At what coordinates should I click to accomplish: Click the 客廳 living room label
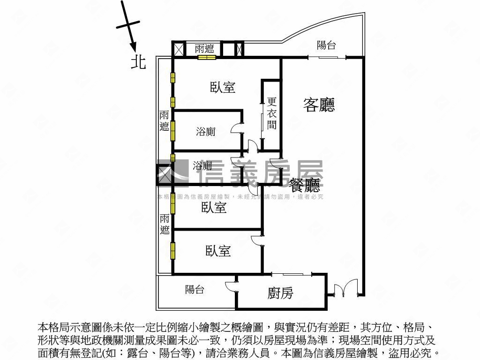(319, 105)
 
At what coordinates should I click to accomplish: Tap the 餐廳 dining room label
(305, 185)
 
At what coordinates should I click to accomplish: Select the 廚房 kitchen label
(280, 293)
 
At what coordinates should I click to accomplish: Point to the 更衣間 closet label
(272, 113)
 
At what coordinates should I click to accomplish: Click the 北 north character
(138, 62)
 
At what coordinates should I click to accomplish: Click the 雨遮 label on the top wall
(204, 49)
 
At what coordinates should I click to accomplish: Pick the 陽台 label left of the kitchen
(194, 290)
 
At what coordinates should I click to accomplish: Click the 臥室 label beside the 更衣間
(222, 87)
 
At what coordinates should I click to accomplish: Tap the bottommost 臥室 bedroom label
(218, 251)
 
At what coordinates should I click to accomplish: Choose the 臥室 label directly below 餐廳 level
(214, 208)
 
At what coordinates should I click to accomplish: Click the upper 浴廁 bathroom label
(205, 132)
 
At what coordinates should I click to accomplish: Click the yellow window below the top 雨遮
(206, 58)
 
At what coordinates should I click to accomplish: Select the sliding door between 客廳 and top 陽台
(326, 57)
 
